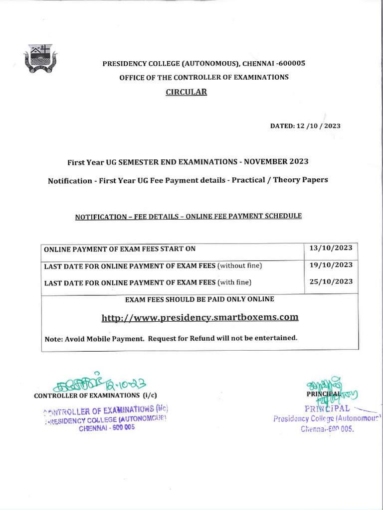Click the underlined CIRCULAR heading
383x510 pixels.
[186, 92]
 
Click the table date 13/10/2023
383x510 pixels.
[331, 248]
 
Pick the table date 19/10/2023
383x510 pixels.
[331, 265]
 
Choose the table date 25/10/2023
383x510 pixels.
[331, 281]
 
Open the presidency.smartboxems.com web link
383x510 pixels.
[200, 317]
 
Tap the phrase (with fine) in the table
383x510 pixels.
[234, 282]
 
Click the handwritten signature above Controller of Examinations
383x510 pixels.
[100, 383]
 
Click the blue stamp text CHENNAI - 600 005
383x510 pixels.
[107, 427]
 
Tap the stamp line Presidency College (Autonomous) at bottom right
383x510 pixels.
[327, 418]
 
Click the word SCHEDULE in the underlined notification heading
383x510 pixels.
[284, 216]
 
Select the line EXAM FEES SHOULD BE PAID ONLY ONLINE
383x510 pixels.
[199, 299]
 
